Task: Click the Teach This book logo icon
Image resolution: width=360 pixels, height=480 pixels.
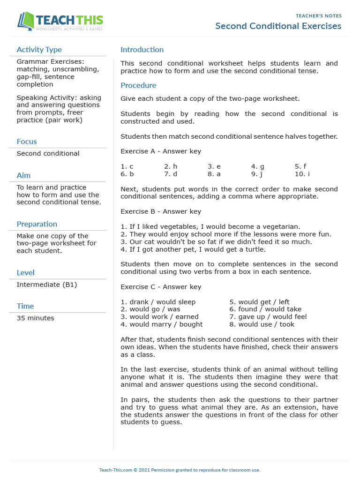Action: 25,21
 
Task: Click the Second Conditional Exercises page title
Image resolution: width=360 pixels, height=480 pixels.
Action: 278,26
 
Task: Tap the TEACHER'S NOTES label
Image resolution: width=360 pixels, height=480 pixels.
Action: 318,16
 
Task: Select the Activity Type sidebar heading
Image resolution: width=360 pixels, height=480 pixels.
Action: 39,50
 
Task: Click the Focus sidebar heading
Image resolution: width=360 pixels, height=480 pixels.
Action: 26,142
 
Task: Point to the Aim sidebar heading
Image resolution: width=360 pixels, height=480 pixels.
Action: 23,175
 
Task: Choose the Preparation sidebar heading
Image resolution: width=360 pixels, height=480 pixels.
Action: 37,224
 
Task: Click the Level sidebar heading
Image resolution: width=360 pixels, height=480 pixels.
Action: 25,273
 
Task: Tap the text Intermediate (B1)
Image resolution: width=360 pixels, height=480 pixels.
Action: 46,285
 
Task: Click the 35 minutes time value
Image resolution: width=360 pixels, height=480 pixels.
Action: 35,318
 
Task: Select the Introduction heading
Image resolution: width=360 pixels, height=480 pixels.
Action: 142,50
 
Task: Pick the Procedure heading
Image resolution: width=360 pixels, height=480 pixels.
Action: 138,85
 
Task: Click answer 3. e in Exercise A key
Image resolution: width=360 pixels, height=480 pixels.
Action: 214,166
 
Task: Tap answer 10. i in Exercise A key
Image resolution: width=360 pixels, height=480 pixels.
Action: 302,174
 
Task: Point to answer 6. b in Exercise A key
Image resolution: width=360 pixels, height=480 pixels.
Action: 127,174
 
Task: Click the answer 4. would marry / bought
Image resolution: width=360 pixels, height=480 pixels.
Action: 161,324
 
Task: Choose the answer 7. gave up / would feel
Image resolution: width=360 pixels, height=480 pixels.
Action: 268,317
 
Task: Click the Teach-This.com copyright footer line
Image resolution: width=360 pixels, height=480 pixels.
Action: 180,470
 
